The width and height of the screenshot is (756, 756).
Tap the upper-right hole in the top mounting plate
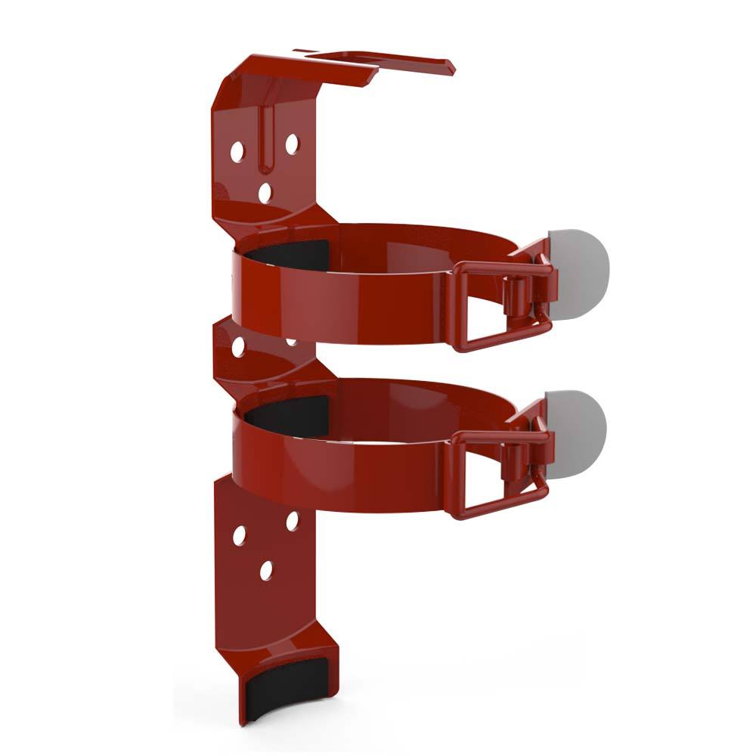(292, 143)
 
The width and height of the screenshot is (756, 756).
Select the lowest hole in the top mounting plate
(265, 193)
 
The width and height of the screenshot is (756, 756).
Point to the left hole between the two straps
(238, 347)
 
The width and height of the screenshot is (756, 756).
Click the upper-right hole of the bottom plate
(293, 521)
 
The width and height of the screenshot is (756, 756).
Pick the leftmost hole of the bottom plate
(239, 535)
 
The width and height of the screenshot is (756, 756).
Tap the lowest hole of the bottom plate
(266, 571)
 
